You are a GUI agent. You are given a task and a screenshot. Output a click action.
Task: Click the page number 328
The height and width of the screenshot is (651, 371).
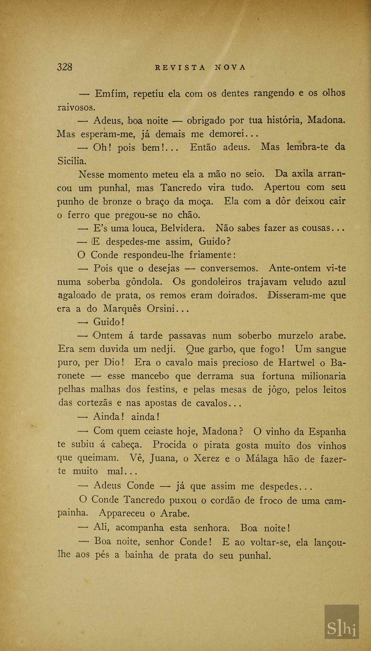(x=65, y=67)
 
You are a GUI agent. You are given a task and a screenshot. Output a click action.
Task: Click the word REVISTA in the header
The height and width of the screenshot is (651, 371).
(x=180, y=68)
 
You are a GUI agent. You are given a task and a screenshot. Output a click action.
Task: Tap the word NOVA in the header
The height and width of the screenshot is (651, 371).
(x=231, y=68)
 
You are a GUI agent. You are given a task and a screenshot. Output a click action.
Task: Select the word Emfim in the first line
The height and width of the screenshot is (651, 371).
(x=111, y=93)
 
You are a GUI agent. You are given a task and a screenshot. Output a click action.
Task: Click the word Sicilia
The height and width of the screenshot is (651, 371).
(x=72, y=161)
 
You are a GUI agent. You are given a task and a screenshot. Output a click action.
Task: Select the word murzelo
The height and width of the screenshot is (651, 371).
(x=295, y=336)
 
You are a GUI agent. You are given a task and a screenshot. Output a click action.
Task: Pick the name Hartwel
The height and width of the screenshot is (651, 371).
(x=296, y=362)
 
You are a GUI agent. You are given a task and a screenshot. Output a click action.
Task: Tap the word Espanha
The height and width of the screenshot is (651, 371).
(x=327, y=432)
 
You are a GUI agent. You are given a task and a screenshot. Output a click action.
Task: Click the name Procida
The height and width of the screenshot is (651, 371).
(x=169, y=445)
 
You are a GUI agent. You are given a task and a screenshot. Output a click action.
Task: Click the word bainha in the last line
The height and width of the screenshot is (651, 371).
(x=139, y=555)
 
